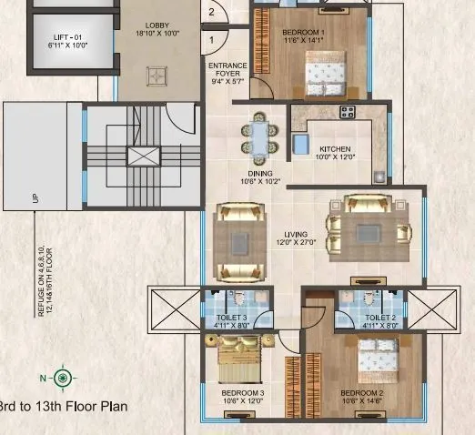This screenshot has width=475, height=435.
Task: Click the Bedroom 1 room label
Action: click(x=305, y=35)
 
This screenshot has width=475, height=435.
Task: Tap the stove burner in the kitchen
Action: click(x=348, y=112)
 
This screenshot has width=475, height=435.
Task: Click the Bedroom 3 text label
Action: click(x=242, y=398)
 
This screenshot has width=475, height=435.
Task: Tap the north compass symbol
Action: click(x=63, y=377)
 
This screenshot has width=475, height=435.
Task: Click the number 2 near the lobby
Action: click(x=211, y=12)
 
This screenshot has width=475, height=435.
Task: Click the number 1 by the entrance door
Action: click(x=211, y=39)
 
